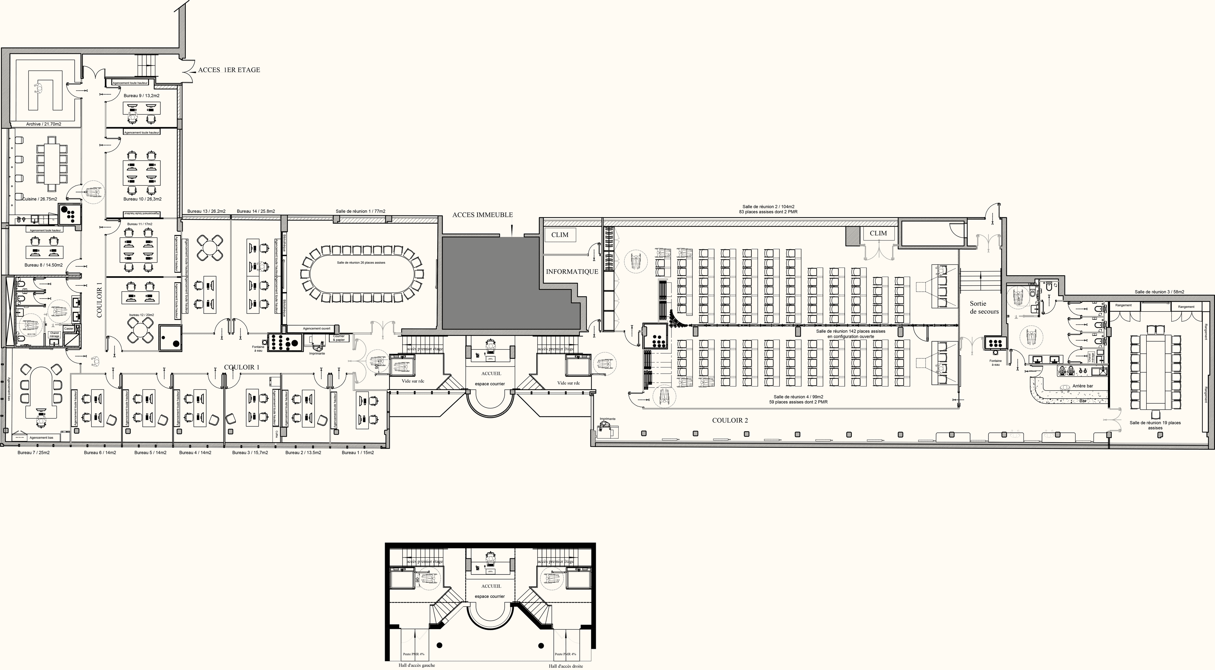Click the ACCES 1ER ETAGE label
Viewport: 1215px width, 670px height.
(x=229, y=70)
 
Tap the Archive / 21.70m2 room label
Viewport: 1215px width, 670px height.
(x=43, y=124)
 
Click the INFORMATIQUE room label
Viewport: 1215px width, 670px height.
(x=572, y=272)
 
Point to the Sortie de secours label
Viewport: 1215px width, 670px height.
(x=984, y=307)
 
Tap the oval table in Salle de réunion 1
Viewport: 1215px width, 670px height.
(x=362, y=274)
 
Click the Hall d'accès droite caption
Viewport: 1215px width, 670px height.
(x=565, y=666)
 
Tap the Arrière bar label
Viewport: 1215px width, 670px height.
(x=1082, y=386)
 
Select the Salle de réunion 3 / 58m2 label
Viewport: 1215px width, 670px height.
(x=1159, y=292)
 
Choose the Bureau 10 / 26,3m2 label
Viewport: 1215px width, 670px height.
(x=142, y=199)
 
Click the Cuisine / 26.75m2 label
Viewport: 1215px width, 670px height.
(x=40, y=199)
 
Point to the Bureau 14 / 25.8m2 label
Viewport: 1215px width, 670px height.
(x=256, y=211)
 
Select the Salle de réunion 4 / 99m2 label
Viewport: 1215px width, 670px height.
(x=798, y=397)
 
